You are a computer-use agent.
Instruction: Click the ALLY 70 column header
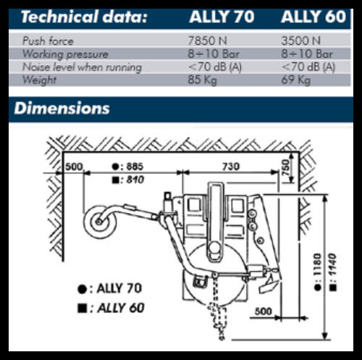click(x=222, y=17)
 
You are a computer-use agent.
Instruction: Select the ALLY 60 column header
click(x=313, y=17)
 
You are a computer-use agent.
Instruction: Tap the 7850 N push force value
click(x=207, y=41)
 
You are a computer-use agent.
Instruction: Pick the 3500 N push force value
click(x=300, y=41)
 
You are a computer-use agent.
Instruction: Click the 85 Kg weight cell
click(x=202, y=80)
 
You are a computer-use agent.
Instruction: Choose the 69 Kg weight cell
click(x=295, y=80)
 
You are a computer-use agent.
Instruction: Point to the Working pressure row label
click(x=65, y=54)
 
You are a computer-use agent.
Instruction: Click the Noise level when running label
click(x=82, y=67)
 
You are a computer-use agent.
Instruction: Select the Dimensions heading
click(x=62, y=108)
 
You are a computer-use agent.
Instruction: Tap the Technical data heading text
click(x=84, y=17)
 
